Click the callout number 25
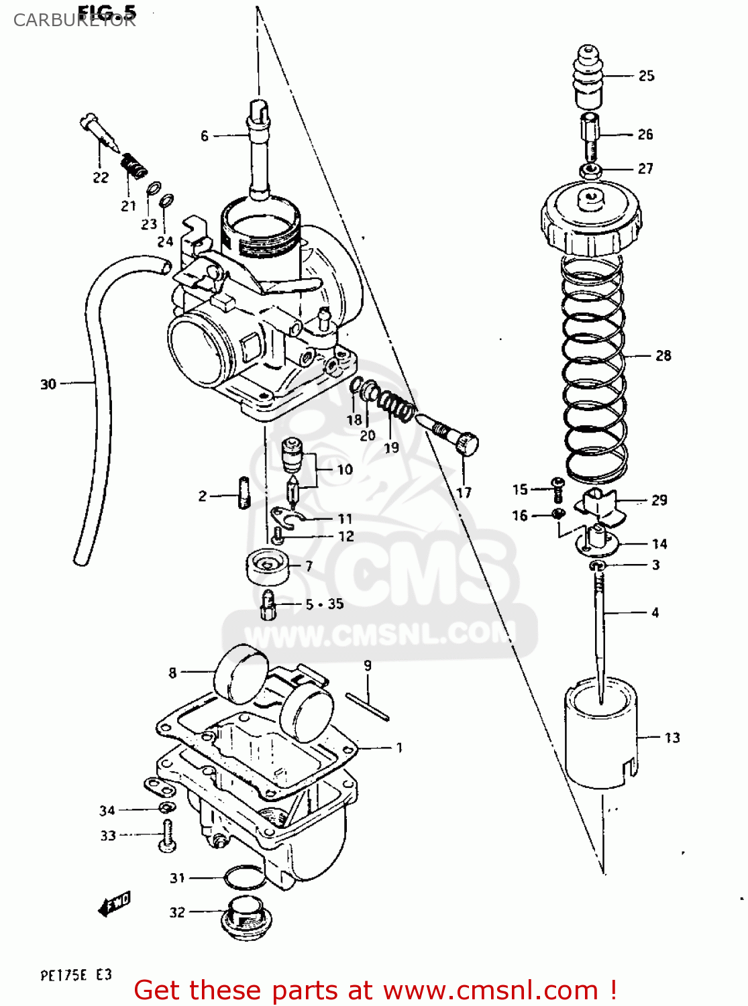tap(646, 76)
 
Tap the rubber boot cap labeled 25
tap(588, 75)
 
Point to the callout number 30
tap(48, 384)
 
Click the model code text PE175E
tap(64, 975)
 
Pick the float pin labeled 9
tap(368, 707)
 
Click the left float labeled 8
tap(240, 674)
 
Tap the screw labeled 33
tap(167, 836)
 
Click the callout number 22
tap(101, 178)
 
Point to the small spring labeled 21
tap(133, 164)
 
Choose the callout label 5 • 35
tap(325, 604)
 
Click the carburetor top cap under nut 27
tap(591, 218)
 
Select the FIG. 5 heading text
tap(107, 11)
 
